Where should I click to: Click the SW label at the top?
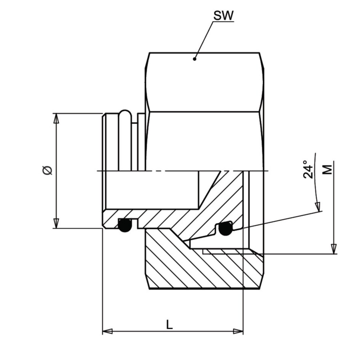point(223,15)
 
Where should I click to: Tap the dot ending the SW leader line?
point(194,59)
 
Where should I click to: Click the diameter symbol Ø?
point(48,170)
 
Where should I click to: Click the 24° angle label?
point(308,169)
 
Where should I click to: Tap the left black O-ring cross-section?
point(125,225)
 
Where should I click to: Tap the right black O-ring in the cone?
point(225,229)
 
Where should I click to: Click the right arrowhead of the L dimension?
point(238,331)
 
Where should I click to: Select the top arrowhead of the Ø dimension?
point(56,118)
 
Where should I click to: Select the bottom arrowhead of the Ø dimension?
point(56,223)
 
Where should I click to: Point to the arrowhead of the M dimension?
point(334,249)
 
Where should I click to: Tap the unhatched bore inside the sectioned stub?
point(152,190)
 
